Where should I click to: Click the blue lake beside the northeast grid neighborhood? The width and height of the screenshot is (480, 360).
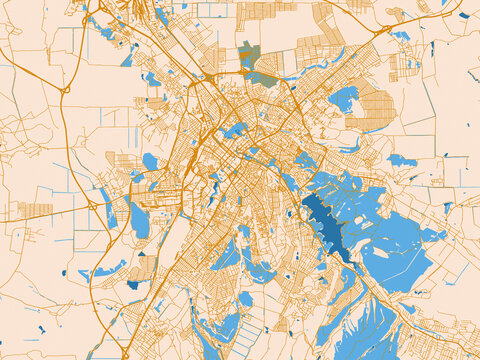(344, 98)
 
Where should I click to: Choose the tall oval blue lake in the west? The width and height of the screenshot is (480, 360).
(140, 220)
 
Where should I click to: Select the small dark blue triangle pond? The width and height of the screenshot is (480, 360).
(64, 272)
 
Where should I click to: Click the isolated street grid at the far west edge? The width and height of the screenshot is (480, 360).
(35, 211)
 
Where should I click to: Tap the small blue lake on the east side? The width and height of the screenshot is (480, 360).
(401, 160)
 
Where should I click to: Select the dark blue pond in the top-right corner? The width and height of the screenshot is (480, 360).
(463, 15)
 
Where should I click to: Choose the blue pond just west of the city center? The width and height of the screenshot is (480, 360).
(150, 161)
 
